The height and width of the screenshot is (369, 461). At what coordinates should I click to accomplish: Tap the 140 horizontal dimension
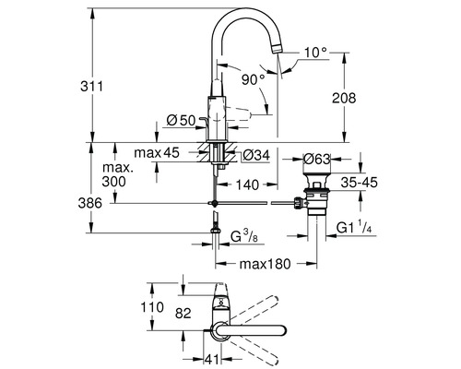tap(245, 184)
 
